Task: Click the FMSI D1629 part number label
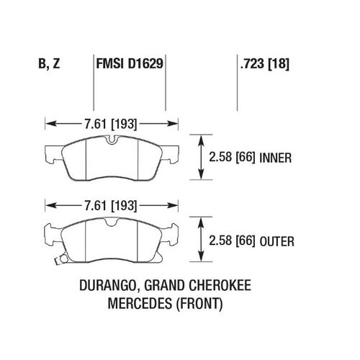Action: point(130,64)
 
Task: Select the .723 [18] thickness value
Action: point(265,64)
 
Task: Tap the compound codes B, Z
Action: point(49,64)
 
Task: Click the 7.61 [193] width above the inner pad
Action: point(111,124)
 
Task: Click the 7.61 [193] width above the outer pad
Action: point(111,206)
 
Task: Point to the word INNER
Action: point(276,158)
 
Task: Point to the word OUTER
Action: point(276,241)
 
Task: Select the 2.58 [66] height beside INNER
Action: point(232,158)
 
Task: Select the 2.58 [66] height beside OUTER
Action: point(232,240)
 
